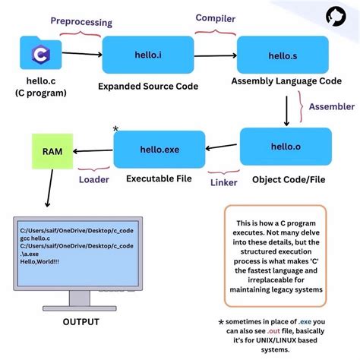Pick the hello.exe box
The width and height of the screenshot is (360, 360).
coord(159,149)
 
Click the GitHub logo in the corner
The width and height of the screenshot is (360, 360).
coord(336,17)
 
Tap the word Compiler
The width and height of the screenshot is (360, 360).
coord(216,17)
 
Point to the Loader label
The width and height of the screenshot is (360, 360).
coord(94,180)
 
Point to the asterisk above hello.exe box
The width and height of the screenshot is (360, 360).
coord(115,130)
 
